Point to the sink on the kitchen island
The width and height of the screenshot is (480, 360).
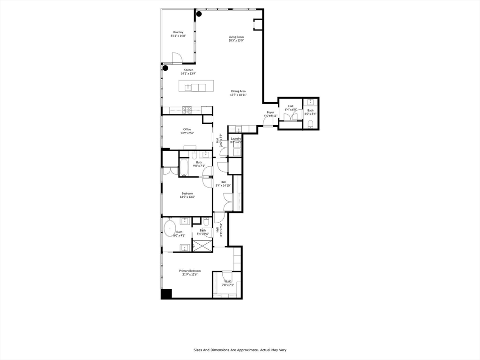click(x=188, y=87)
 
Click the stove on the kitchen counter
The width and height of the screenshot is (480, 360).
click(x=187, y=110)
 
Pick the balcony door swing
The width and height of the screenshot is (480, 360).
click(x=177, y=58)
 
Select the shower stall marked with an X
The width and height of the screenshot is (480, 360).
click(x=202, y=246)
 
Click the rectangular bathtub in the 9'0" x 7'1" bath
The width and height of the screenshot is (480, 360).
click(x=183, y=168)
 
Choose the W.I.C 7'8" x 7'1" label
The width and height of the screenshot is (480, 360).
click(x=227, y=283)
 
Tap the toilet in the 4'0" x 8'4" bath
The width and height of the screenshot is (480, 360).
click(x=310, y=124)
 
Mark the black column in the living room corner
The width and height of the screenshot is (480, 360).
click(x=199, y=14)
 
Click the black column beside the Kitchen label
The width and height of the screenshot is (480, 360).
click(x=165, y=68)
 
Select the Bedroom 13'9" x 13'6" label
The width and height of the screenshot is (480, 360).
click(x=187, y=195)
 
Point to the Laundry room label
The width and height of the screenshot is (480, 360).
click(x=236, y=140)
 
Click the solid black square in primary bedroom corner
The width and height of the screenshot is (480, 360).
click(x=166, y=294)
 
